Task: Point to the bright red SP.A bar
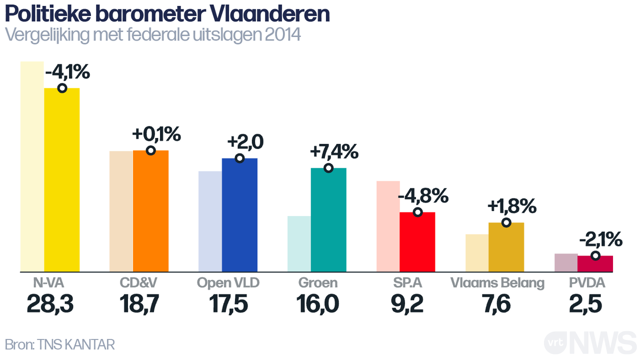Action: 417,243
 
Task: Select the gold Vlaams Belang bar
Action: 506,248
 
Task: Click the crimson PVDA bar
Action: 595,264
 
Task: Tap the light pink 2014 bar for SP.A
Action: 388,225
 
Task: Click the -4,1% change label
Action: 67,72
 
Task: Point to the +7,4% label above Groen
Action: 334,151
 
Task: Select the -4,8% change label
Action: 422,196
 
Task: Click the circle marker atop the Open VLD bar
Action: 239,158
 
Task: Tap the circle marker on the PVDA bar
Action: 595,255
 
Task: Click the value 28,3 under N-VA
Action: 50,304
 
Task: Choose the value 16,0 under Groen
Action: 317,304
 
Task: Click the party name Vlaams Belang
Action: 497,283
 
